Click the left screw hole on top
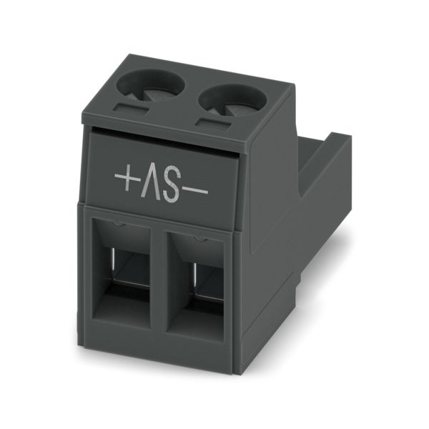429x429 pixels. pos(150,86)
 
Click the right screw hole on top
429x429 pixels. pos(233,100)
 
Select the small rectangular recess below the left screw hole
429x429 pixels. pos(131,109)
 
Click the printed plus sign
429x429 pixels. pos(128,177)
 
